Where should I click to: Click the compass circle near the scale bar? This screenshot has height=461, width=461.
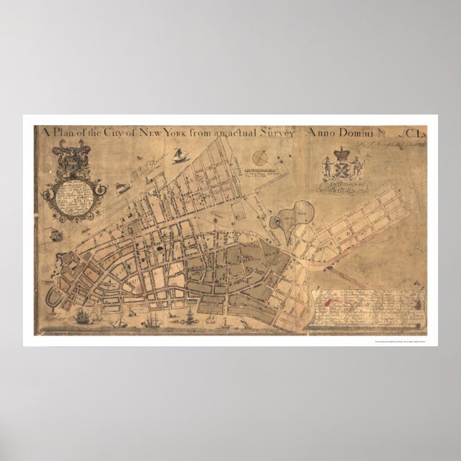(x=261, y=157)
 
